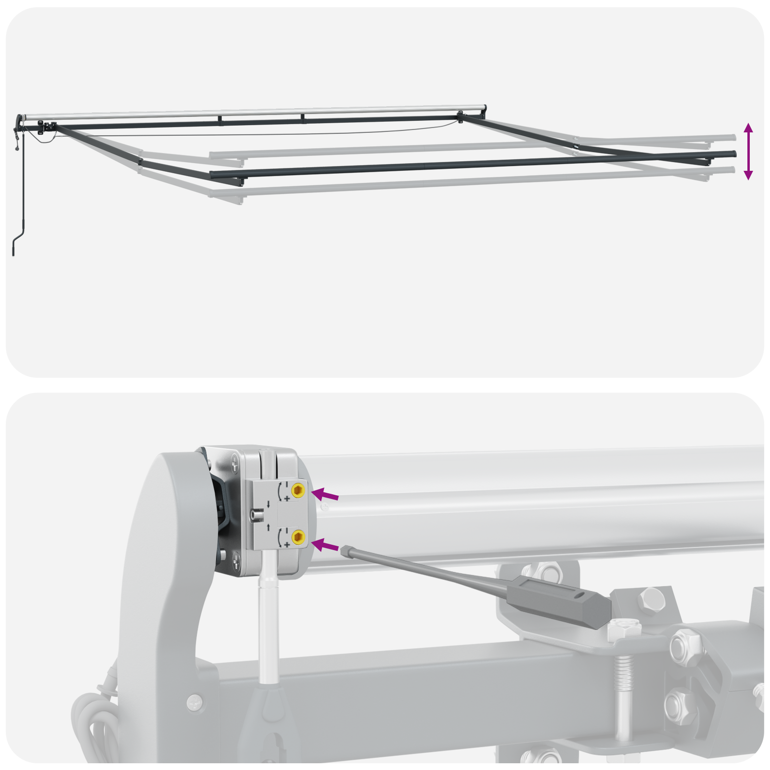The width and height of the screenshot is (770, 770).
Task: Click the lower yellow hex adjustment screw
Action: click(x=298, y=536)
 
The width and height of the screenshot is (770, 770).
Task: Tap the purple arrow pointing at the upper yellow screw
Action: click(x=325, y=495)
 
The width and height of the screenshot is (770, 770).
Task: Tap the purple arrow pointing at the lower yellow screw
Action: click(x=325, y=546)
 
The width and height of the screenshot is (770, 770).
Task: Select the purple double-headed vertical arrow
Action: click(x=748, y=151)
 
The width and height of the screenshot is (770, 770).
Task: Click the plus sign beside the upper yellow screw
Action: click(x=287, y=499)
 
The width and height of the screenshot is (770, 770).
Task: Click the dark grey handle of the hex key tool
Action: click(x=558, y=600)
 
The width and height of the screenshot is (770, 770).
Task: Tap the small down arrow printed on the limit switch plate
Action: click(x=268, y=504)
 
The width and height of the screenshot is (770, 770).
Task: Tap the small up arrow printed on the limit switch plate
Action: click(x=268, y=527)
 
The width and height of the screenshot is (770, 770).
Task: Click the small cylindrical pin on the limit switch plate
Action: click(x=257, y=515)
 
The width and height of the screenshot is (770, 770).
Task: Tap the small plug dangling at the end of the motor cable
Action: click(x=17, y=148)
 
